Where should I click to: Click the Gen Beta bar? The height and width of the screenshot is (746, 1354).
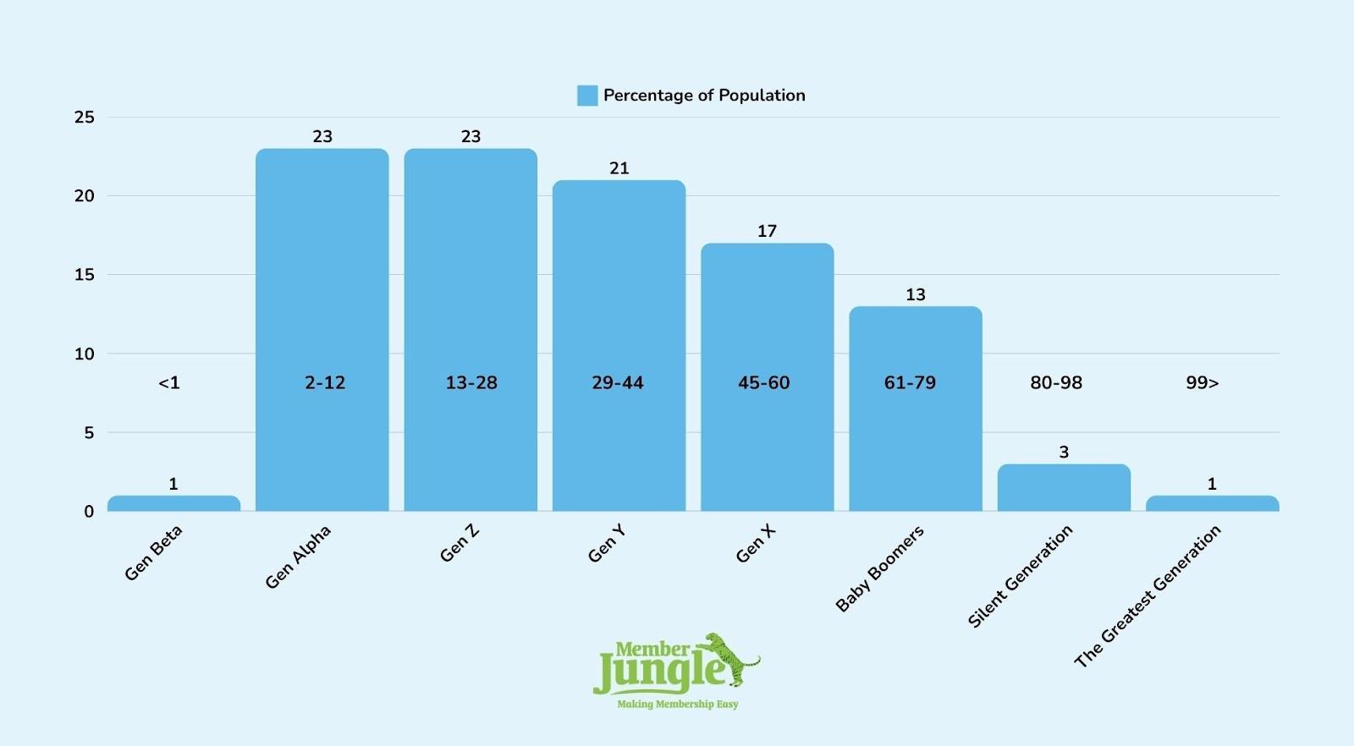pos(173,503)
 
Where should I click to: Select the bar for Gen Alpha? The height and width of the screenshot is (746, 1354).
pos(322,330)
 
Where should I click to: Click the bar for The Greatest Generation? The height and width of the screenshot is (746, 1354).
pos(1212,503)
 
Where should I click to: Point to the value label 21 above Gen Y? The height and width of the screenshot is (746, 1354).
pos(619,168)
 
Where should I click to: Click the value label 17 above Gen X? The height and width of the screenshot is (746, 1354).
pos(767,231)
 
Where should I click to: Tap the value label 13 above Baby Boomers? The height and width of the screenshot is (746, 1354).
pos(916,294)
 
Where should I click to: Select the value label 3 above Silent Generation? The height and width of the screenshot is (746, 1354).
pos(1064,452)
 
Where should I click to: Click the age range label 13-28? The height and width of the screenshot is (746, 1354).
pos(471,383)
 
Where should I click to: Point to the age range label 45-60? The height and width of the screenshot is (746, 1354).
pos(763,383)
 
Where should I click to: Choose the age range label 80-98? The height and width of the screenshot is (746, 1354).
pos(1056,383)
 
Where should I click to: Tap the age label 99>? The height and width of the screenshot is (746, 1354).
pos(1202,383)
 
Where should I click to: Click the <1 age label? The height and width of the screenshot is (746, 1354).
pos(169,383)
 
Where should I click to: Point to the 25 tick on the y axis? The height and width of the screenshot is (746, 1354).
pos(85,117)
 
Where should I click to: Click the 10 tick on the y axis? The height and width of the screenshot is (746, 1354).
pos(85,354)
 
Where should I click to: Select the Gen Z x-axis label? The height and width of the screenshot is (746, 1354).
pos(460,543)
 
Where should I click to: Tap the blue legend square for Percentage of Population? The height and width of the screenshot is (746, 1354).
pos(587,96)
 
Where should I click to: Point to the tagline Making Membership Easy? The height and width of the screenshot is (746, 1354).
pos(677,704)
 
